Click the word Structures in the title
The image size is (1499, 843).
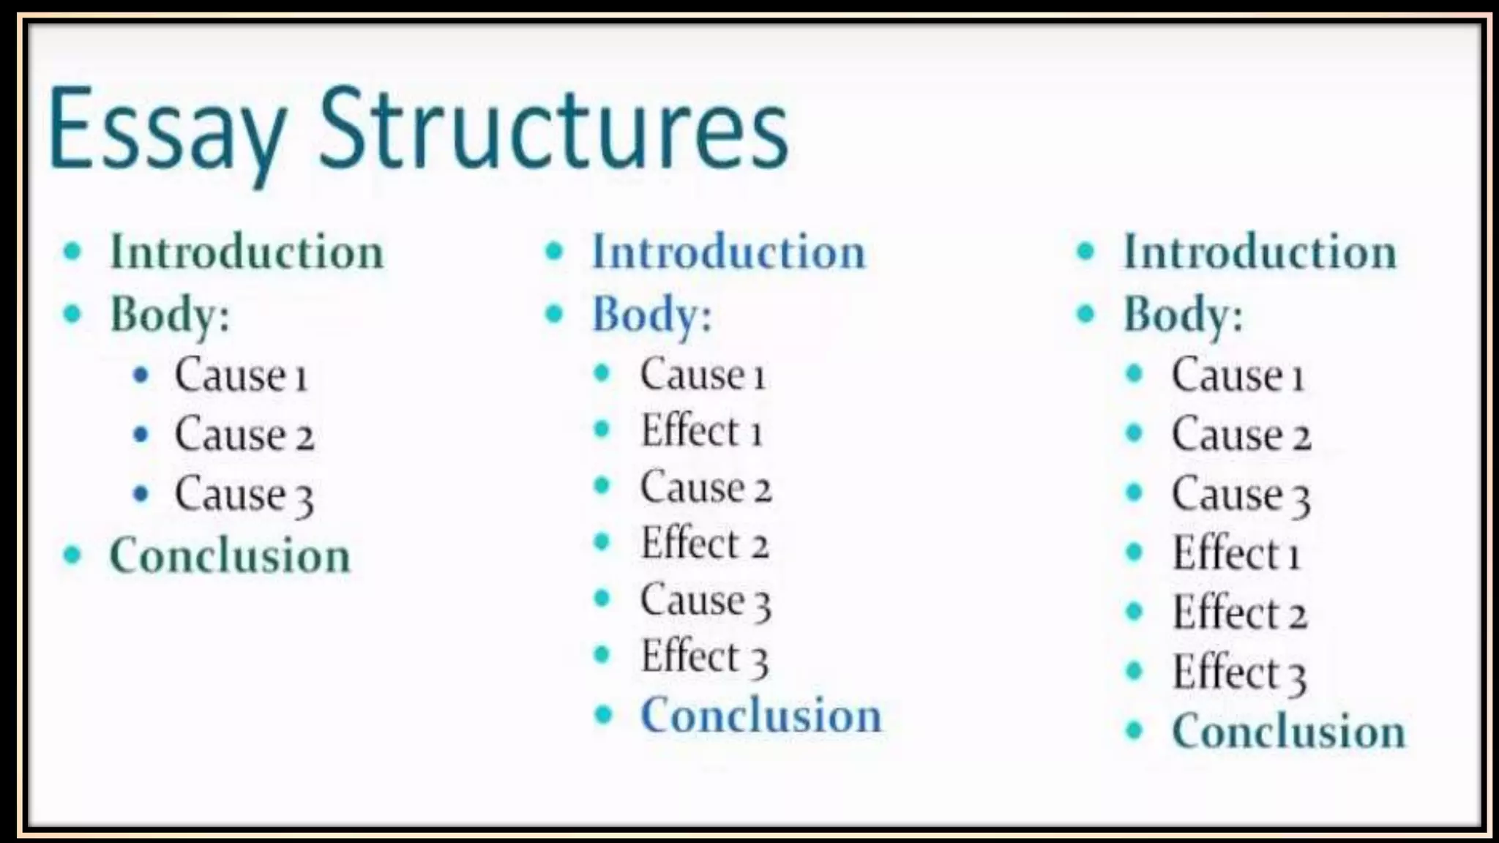point(553,130)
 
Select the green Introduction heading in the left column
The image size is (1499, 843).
point(247,252)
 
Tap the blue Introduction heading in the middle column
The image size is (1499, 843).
point(728,252)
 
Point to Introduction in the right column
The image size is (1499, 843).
point(1260,252)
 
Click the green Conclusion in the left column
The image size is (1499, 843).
point(230,555)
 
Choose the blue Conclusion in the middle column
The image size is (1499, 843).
point(761,715)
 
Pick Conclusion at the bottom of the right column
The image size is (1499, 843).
point(1289,730)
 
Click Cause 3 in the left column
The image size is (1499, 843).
point(244,495)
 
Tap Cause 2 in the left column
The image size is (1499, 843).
point(244,435)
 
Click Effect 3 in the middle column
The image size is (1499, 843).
point(704,656)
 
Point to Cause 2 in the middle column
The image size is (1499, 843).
point(706,487)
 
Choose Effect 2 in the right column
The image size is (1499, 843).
point(1239,612)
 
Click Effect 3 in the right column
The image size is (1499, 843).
point(1239,672)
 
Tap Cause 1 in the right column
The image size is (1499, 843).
point(1238,375)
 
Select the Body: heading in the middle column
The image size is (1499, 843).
point(651,315)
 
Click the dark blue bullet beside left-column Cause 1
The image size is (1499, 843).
point(141,375)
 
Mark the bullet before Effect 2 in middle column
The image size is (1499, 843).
point(602,542)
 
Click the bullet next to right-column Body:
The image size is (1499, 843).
point(1085,314)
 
